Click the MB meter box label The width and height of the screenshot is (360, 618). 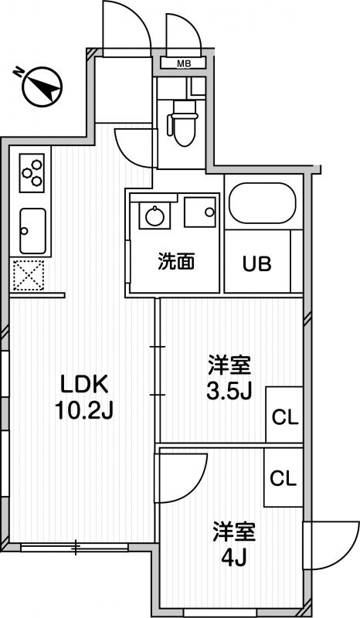coord(184,63)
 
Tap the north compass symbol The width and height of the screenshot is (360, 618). coord(42,87)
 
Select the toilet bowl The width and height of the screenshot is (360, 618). coord(182,123)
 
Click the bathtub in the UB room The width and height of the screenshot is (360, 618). coord(263,203)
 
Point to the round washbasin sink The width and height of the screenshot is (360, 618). coord(155,216)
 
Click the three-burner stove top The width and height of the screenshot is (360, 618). coord(32,172)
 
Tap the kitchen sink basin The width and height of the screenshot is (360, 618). coord(32,231)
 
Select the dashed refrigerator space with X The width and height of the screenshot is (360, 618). coord(28,275)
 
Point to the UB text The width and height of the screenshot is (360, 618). coord(256,263)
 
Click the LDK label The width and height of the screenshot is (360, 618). coord(84,384)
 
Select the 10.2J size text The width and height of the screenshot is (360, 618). coord(84,411)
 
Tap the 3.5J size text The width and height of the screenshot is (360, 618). coord(229,391)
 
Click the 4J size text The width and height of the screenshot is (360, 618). coord(234,557)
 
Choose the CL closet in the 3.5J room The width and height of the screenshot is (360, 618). coord(284,414)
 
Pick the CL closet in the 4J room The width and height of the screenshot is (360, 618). coord(283,477)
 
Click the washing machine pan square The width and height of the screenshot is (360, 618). coord(200,212)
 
